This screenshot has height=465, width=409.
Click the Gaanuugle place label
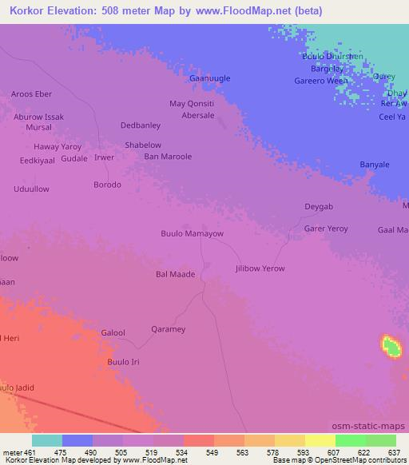(208, 79)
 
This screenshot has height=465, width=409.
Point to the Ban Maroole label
(168, 157)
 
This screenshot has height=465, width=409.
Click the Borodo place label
(108, 185)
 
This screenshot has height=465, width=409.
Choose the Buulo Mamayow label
(192, 234)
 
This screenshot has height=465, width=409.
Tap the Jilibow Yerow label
(260, 268)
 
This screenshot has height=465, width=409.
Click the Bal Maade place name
(175, 274)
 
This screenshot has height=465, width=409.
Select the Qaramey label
(168, 329)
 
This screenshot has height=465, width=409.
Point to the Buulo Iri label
(123, 362)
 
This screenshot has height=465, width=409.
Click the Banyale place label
(375, 165)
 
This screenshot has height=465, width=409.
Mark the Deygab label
(319, 207)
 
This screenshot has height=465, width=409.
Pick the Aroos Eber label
(31, 93)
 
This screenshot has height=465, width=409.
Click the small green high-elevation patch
(391, 347)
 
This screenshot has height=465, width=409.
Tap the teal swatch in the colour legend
(46, 440)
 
